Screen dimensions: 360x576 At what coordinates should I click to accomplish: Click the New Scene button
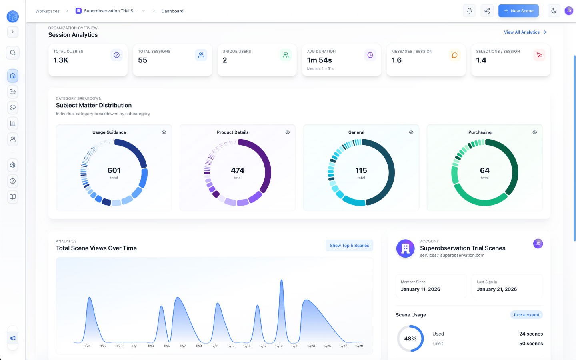[x=518, y=11]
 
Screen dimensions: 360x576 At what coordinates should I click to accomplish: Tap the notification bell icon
[x=470, y=11]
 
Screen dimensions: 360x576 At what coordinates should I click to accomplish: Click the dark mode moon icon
[x=554, y=11]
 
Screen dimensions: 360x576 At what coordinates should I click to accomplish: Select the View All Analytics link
[x=525, y=32]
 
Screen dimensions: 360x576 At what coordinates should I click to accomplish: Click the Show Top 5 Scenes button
[x=349, y=246]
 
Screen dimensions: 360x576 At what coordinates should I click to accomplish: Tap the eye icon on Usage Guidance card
[x=164, y=132]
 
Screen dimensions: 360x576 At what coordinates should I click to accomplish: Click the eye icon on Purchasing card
[x=535, y=132]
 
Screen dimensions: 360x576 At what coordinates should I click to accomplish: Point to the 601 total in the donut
[x=114, y=171]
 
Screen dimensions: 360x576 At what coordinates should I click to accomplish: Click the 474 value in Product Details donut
[x=238, y=171]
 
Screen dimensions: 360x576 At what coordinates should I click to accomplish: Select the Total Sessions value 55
[x=143, y=60]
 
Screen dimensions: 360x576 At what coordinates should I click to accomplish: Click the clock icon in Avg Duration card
[x=370, y=55]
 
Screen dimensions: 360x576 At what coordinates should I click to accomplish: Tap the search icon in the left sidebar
[x=13, y=52]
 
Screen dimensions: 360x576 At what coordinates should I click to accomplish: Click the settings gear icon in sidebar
[x=13, y=165]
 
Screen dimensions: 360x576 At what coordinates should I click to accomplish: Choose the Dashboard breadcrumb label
[x=172, y=11]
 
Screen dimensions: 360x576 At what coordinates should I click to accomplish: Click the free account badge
[x=526, y=315]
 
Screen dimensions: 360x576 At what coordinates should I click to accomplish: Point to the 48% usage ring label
[x=410, y=339]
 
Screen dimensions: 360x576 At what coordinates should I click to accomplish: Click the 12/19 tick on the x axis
[x=279, y=346]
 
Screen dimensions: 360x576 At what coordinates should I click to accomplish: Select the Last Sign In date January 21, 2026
[x=497, y=289]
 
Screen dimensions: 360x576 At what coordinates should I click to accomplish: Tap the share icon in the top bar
[x=487, y=11]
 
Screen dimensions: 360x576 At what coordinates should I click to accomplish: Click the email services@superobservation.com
[x=452, y=255]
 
